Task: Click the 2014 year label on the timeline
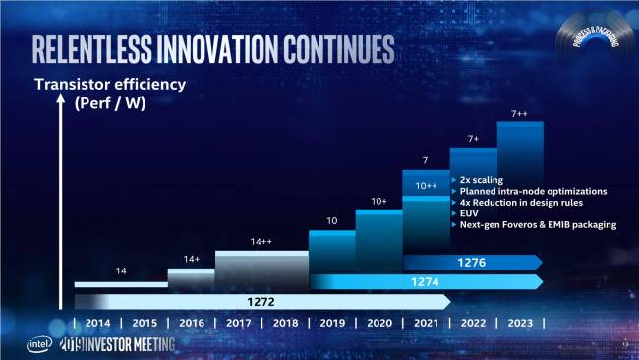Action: [x=97, y=323]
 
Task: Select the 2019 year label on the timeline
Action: [x=332, y=323]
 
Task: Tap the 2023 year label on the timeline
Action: [x=520, y=323]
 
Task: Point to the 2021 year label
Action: [x=427, y=323]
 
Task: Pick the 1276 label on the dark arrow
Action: [x=471, y=262]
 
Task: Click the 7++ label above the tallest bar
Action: [x=521, y=114]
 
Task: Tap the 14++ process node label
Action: [x=261, y=241]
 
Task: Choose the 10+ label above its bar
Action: [x=380, y=201]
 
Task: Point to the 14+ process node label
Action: [x=191, y=259]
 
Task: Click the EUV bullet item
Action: [x=469, y=213]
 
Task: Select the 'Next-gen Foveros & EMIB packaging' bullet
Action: [x=538, y=225]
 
